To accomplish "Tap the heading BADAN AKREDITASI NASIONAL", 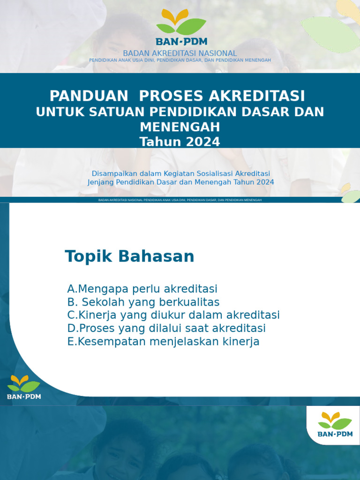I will (x=180, y=53).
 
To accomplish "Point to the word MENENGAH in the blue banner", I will (x=180, y=127).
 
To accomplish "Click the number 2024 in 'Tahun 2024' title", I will (x=201, y=142).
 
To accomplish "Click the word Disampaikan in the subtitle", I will (x=114, y=173).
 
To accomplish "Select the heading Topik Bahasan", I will (x=129, y=256).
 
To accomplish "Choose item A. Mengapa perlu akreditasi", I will (x=142, y=289).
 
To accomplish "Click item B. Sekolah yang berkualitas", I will (x=143, y=302).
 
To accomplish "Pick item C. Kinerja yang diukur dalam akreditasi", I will (x=173, y=315).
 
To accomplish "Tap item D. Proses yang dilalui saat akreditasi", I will (x=166, y=328).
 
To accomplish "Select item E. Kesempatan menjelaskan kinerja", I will (x=163, y=342).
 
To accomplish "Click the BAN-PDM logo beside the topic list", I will (x=24, y=387).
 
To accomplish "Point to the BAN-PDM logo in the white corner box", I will (x=335, y=424).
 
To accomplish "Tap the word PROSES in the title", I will (x=172, y=96).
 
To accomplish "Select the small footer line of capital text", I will (x=180, y=200).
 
